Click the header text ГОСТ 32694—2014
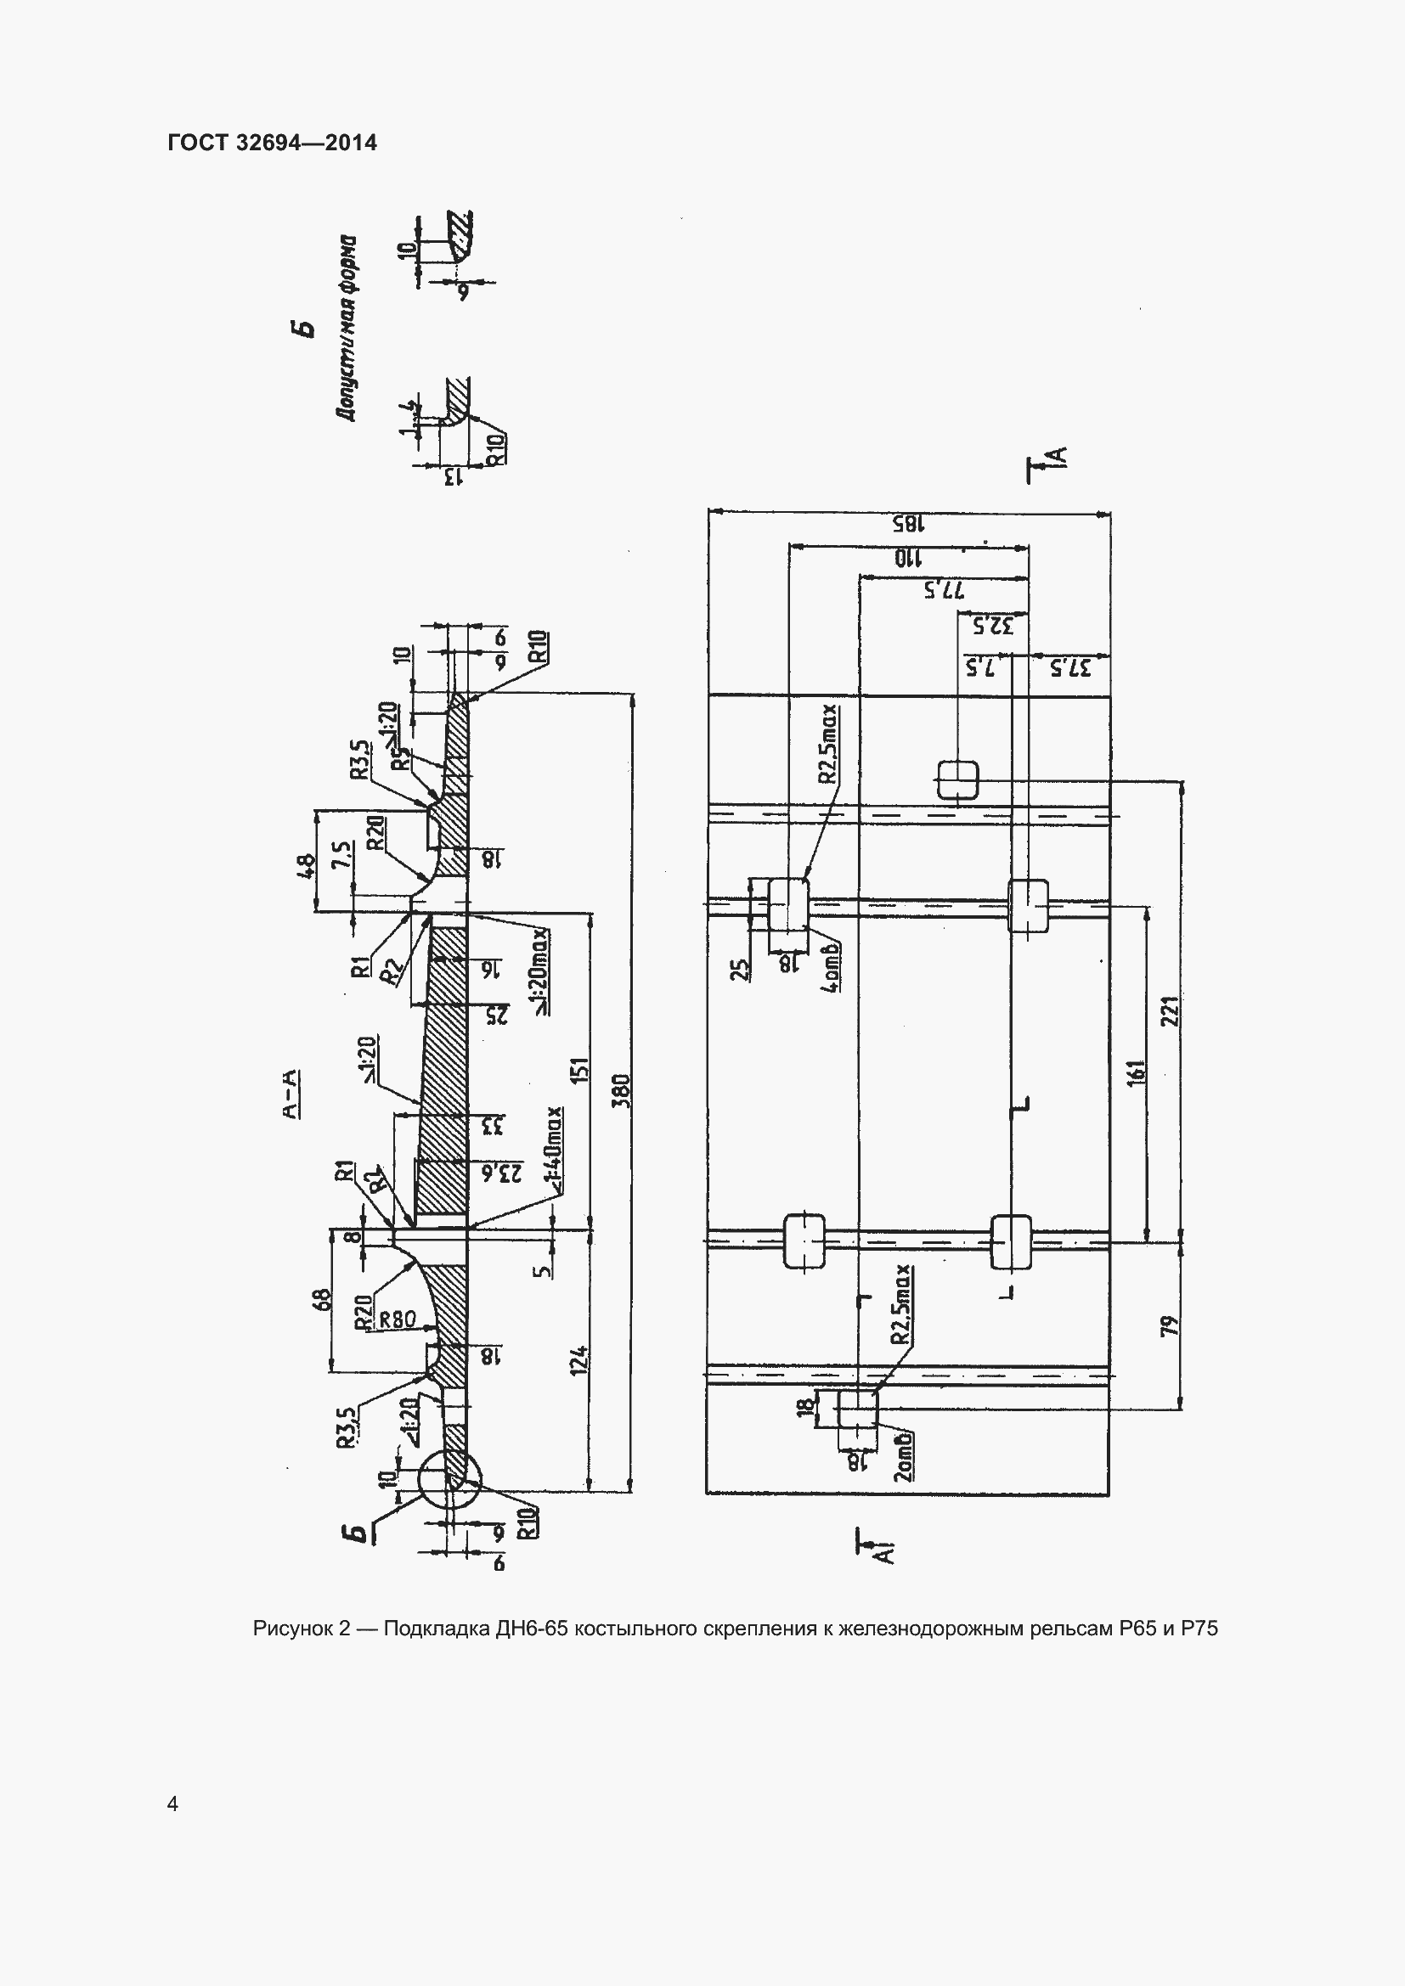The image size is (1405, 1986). pos(273,143)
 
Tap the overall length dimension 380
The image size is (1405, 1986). pos(624,1091)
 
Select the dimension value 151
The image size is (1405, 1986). pos(580,1070)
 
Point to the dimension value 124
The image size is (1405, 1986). pos(580,1359)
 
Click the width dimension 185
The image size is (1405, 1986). pos(909,524)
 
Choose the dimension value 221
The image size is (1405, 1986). pos(1170,1011)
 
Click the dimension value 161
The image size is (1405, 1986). pos(1137,1072)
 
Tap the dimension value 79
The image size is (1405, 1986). pos(1170,1325)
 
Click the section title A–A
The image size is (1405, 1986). pos(291,1094)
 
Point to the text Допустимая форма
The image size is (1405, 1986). pos(347,328)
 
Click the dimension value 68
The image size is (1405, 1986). pos(321,1299)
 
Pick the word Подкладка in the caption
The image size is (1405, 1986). pos(435,1629)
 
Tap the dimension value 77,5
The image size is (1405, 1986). pos(944,592)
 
